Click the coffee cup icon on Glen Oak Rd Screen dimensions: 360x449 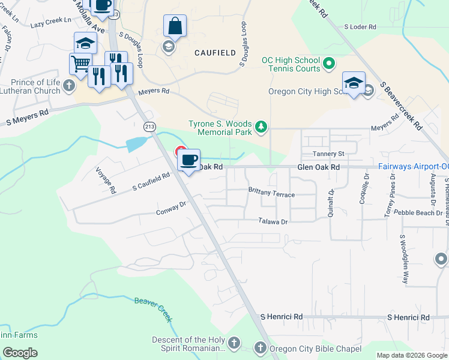coord(189,160)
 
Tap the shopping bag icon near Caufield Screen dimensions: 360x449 coord(175,26)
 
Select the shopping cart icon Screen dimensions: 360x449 coord(80,63)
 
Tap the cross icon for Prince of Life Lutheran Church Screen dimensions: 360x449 coord(68,86)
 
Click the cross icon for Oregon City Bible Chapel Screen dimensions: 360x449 coord(260,347)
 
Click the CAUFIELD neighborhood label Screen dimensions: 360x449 coord(215,53)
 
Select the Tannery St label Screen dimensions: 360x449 coord(328,154)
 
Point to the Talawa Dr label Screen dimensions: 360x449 coord(274,221)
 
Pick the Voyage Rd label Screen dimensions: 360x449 coord(106,180)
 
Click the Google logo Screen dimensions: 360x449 coord(20,353)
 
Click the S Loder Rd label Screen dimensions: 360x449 coord(360,27)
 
